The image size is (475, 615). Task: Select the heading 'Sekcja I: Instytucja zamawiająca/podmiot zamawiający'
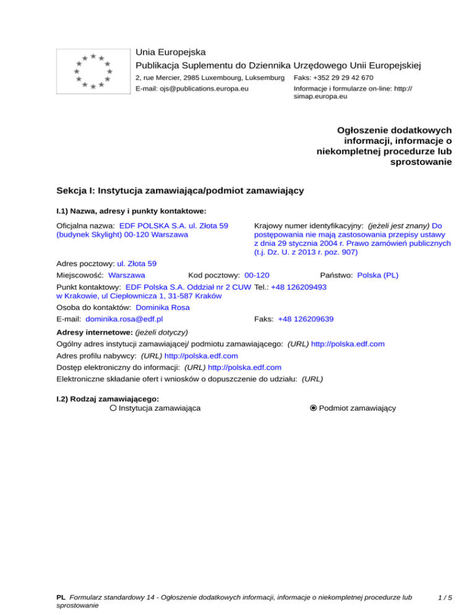179,191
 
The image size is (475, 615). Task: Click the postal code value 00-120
257,275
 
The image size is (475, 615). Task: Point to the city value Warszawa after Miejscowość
126,275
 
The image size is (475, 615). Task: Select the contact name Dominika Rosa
163,307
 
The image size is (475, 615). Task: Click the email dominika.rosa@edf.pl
124,319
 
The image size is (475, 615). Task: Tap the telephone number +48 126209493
299,288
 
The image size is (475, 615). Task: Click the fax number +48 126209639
306,319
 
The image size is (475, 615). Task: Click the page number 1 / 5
445,598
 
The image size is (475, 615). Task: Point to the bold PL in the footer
61,598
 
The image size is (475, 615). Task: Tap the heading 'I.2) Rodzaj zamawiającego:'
108,399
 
